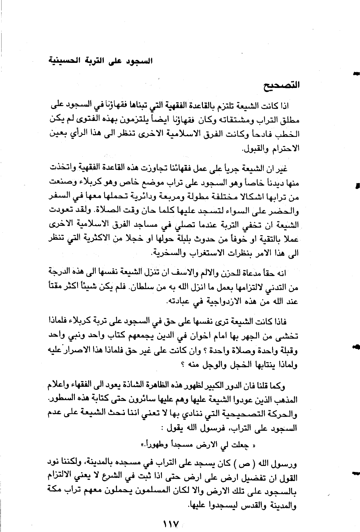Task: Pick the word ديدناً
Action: (269, 183)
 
